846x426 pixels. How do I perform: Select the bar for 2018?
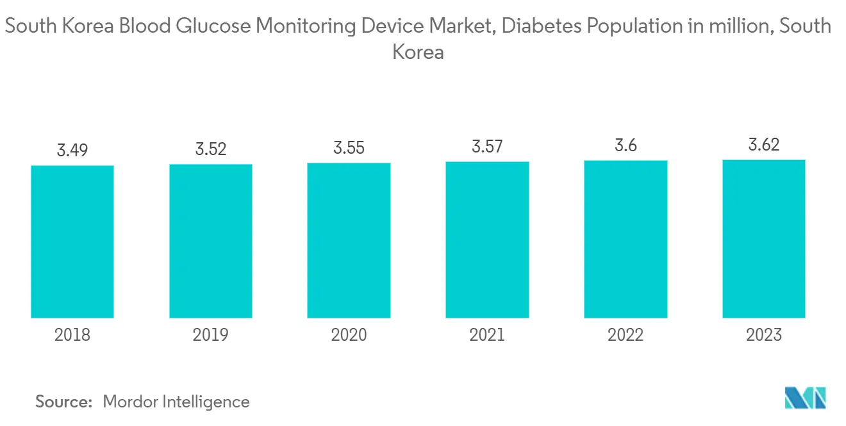pos(72,242)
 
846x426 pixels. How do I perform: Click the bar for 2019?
pos(211,241)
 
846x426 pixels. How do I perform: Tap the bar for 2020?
pos(349,240)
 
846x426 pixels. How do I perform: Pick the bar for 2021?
pos(487,240)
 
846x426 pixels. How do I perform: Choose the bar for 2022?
pos(626,239)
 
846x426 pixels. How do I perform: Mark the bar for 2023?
pos(764,238)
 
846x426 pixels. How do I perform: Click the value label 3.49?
pos(72,151)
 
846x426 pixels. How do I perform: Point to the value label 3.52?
pos(211,150)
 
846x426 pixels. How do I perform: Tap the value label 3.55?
pos(349,149)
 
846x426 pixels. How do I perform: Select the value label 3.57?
pos(487,147)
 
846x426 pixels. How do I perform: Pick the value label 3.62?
pos(764,145)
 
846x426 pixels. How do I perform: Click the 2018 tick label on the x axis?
pos(72,335)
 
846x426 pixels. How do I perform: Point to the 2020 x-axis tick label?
pos(349,335)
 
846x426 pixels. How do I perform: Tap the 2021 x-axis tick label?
pos(487,335)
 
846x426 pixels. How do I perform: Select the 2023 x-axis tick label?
pos(764,335)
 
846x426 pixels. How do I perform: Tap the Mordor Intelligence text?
pos(176,402)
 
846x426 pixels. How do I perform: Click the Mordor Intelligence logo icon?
pos(806,398)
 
